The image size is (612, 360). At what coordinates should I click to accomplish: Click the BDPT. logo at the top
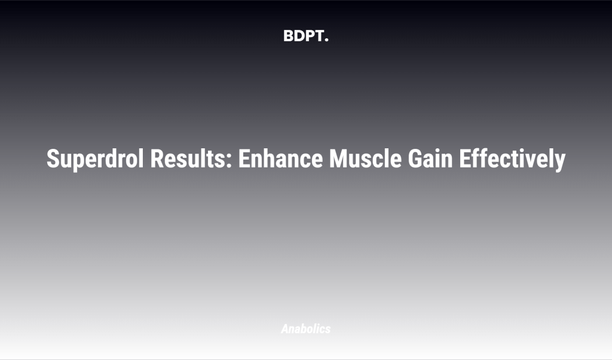point(305,36)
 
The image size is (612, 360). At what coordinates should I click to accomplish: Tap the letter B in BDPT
point(288,36)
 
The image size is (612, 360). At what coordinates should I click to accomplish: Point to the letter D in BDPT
point(299,36)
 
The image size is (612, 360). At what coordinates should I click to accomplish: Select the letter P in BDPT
point(309,36)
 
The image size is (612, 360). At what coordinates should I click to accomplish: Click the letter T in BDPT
point(319,36)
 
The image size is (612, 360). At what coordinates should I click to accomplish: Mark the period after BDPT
point(326,40)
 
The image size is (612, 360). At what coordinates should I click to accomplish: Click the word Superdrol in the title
point(96,159)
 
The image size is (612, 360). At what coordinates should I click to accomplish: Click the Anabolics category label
point(305,329)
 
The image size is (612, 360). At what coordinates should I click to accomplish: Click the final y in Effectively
point(559,162)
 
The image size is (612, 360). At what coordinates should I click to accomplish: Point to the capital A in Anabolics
point(284,329)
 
